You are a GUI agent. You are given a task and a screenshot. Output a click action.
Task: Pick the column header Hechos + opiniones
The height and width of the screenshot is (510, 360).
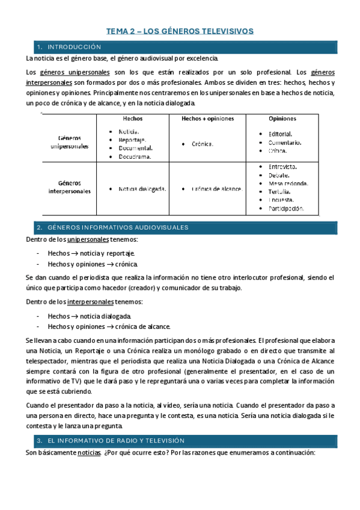tap(208, 118)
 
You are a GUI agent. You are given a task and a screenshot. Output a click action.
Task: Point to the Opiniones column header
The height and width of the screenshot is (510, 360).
tap(282, 118)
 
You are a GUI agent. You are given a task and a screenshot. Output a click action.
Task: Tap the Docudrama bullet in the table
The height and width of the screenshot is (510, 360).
tap(135, 156)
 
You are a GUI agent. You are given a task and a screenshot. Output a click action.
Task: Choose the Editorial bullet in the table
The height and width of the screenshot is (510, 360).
tap(280, 134)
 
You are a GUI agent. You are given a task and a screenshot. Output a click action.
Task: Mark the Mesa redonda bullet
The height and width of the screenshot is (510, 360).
tap(288, 183)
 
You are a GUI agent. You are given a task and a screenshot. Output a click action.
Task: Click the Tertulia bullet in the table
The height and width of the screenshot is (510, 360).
tap(279, 191)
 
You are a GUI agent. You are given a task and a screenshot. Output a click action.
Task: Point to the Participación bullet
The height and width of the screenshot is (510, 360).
tap(285, 209)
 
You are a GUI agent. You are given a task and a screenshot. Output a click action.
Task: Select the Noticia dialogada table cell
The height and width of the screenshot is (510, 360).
tap(142, 188)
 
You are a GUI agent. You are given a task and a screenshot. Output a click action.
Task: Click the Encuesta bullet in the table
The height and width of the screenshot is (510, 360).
tap(281, 200)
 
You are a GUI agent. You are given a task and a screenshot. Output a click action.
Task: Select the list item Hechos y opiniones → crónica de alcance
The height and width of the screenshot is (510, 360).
tap(107, 327)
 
